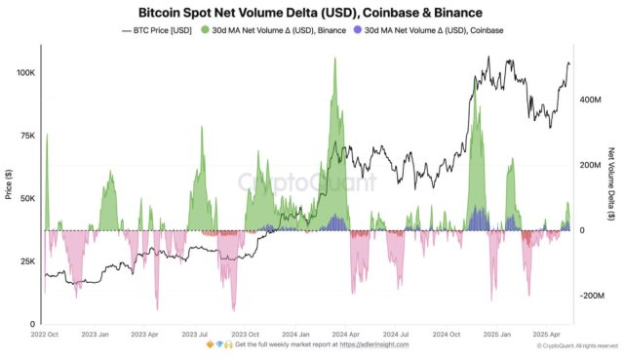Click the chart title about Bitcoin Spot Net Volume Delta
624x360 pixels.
pyautogui.click(x=310, y=13)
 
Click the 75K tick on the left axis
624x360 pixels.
pyautogui.click(x=26, y=136)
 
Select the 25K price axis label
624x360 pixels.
pyautogui.click(x=26, y=261)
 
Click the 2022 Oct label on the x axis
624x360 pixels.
pyautogui.click(x=45, y=333)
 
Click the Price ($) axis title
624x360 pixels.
pyautogui.click(x=8, y=184)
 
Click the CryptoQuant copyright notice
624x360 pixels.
pyautogui.click(x=577, y=345)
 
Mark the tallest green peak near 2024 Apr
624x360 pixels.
pyautogui.click(x=335, y=60)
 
